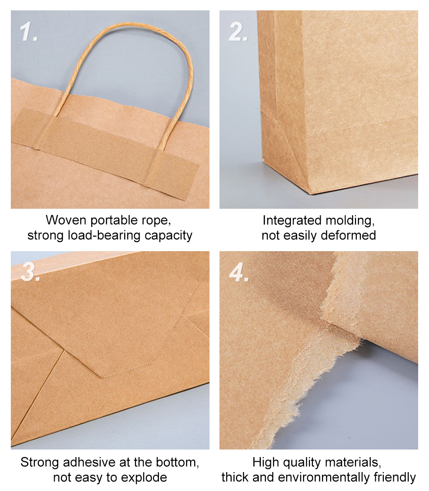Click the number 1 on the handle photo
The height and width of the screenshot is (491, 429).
(28, 32)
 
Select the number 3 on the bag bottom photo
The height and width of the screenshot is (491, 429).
(30, 271)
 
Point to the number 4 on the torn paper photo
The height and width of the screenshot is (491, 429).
(239, 272)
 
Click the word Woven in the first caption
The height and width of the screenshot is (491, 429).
(66, 220)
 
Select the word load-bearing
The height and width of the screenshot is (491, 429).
(104, 236)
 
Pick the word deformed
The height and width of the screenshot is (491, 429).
(349, 235)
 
